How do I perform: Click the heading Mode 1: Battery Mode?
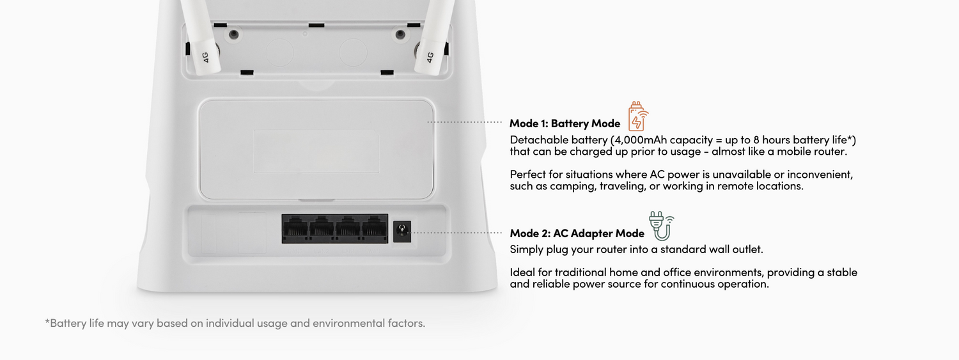pos(565,123)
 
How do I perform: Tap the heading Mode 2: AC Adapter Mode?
pos(577,233)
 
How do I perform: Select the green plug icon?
pos(661,226)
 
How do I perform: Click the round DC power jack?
pos(402,231)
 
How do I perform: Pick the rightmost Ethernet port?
pos(374,228)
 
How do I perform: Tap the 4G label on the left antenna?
pos(205,58)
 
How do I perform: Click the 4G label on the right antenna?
pos(430,58)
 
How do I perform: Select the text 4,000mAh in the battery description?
pos(641,140)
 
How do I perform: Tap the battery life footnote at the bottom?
pos(235,323)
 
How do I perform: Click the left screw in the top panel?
pos(234,35)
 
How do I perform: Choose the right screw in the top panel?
pos(400,35)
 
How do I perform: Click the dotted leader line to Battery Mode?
pos(465,122)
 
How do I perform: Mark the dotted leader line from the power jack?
pos(456,233)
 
